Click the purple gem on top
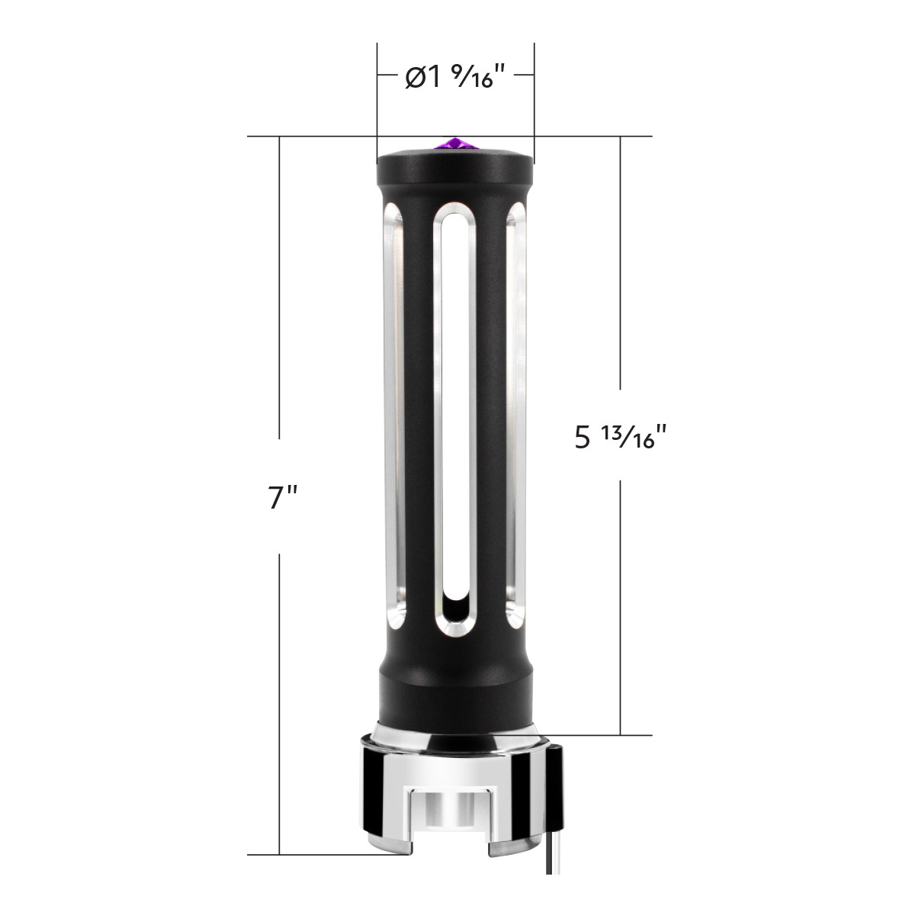coord(455,143)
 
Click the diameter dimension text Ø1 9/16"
coord(455,76)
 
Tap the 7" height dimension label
coord(282,497)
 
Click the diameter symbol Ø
coord(415,78)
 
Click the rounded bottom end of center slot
coord(455,606)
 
